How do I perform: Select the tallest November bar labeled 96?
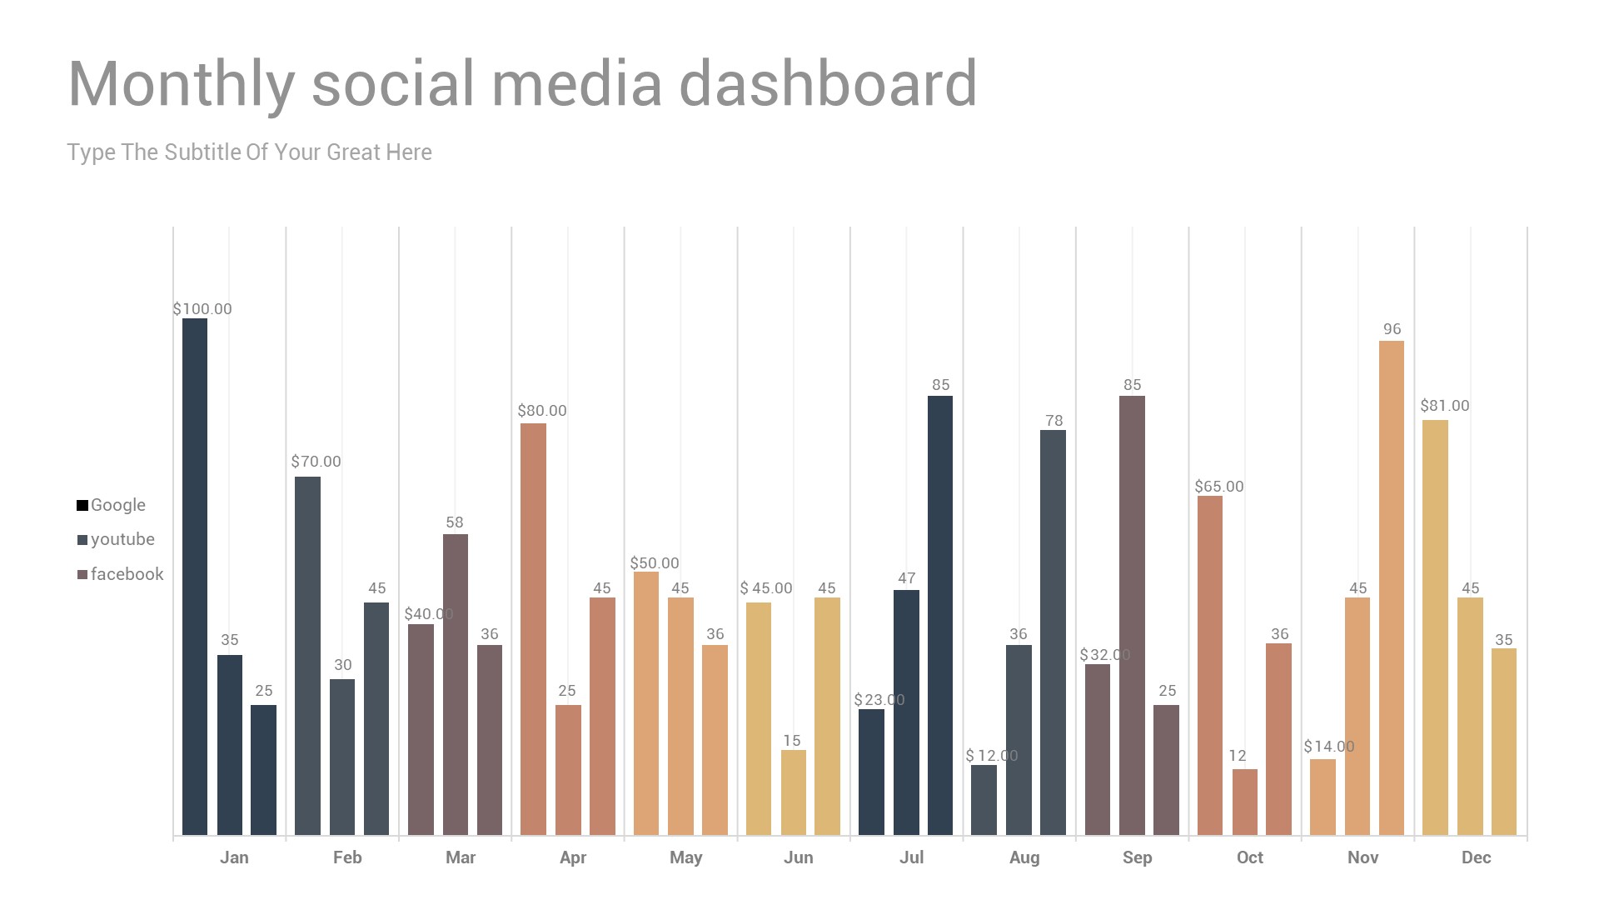coord(1392,587)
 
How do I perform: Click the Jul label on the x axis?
coord(911,857)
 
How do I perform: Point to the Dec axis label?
coord(1476,857)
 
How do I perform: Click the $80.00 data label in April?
coord(542,411)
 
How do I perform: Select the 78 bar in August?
coord(1053,632)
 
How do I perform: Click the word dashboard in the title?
coord(828,84)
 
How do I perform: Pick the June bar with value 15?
coord(793,792)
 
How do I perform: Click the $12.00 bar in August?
coord(984,800)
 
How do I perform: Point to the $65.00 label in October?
coord(1219,487)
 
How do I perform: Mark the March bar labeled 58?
coord(455,684)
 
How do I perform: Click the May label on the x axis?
coord(685,857)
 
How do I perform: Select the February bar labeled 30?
coord(342,757)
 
